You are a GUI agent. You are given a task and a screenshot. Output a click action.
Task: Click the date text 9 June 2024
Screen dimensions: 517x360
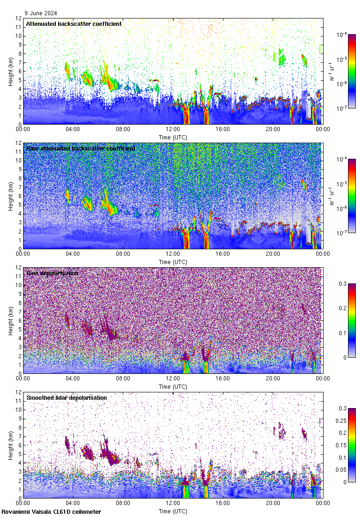[x=41, y=13]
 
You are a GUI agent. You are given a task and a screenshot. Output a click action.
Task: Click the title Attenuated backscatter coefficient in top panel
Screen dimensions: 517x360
[x=74, y=24]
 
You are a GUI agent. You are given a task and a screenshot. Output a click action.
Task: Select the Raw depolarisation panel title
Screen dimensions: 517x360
[x=52, y=273]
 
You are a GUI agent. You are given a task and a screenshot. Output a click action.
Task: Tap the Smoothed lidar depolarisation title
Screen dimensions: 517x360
[x=66, y=397]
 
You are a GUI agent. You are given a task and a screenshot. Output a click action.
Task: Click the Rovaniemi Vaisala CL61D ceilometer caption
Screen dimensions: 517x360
[x=51, y=511]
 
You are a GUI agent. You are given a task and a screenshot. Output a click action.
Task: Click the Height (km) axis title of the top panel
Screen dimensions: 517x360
[x=11, y=72]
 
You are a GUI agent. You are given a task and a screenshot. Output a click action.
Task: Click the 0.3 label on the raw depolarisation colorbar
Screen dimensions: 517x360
[x=343, y=284]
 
